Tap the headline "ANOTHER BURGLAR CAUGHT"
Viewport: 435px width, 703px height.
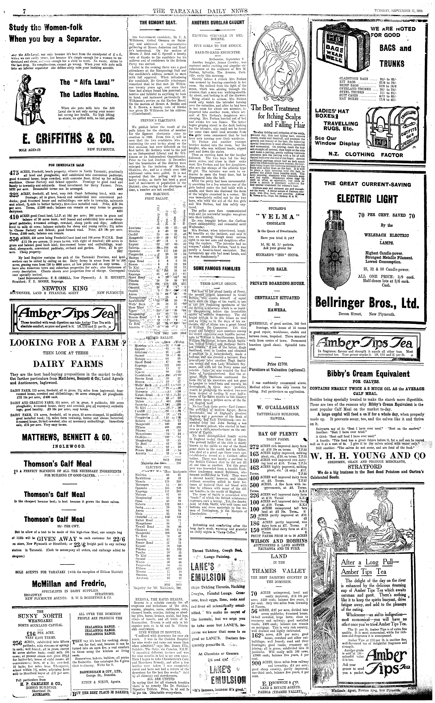pyautogui.click(x=218, y=22)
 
